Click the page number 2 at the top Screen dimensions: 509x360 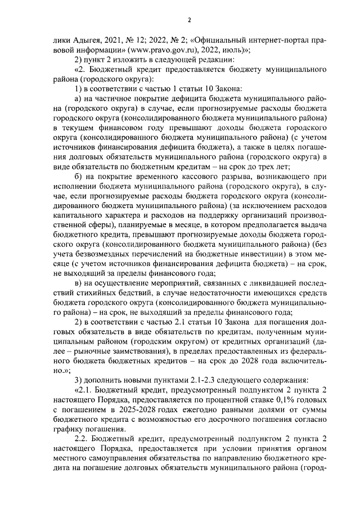coord(190,21)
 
